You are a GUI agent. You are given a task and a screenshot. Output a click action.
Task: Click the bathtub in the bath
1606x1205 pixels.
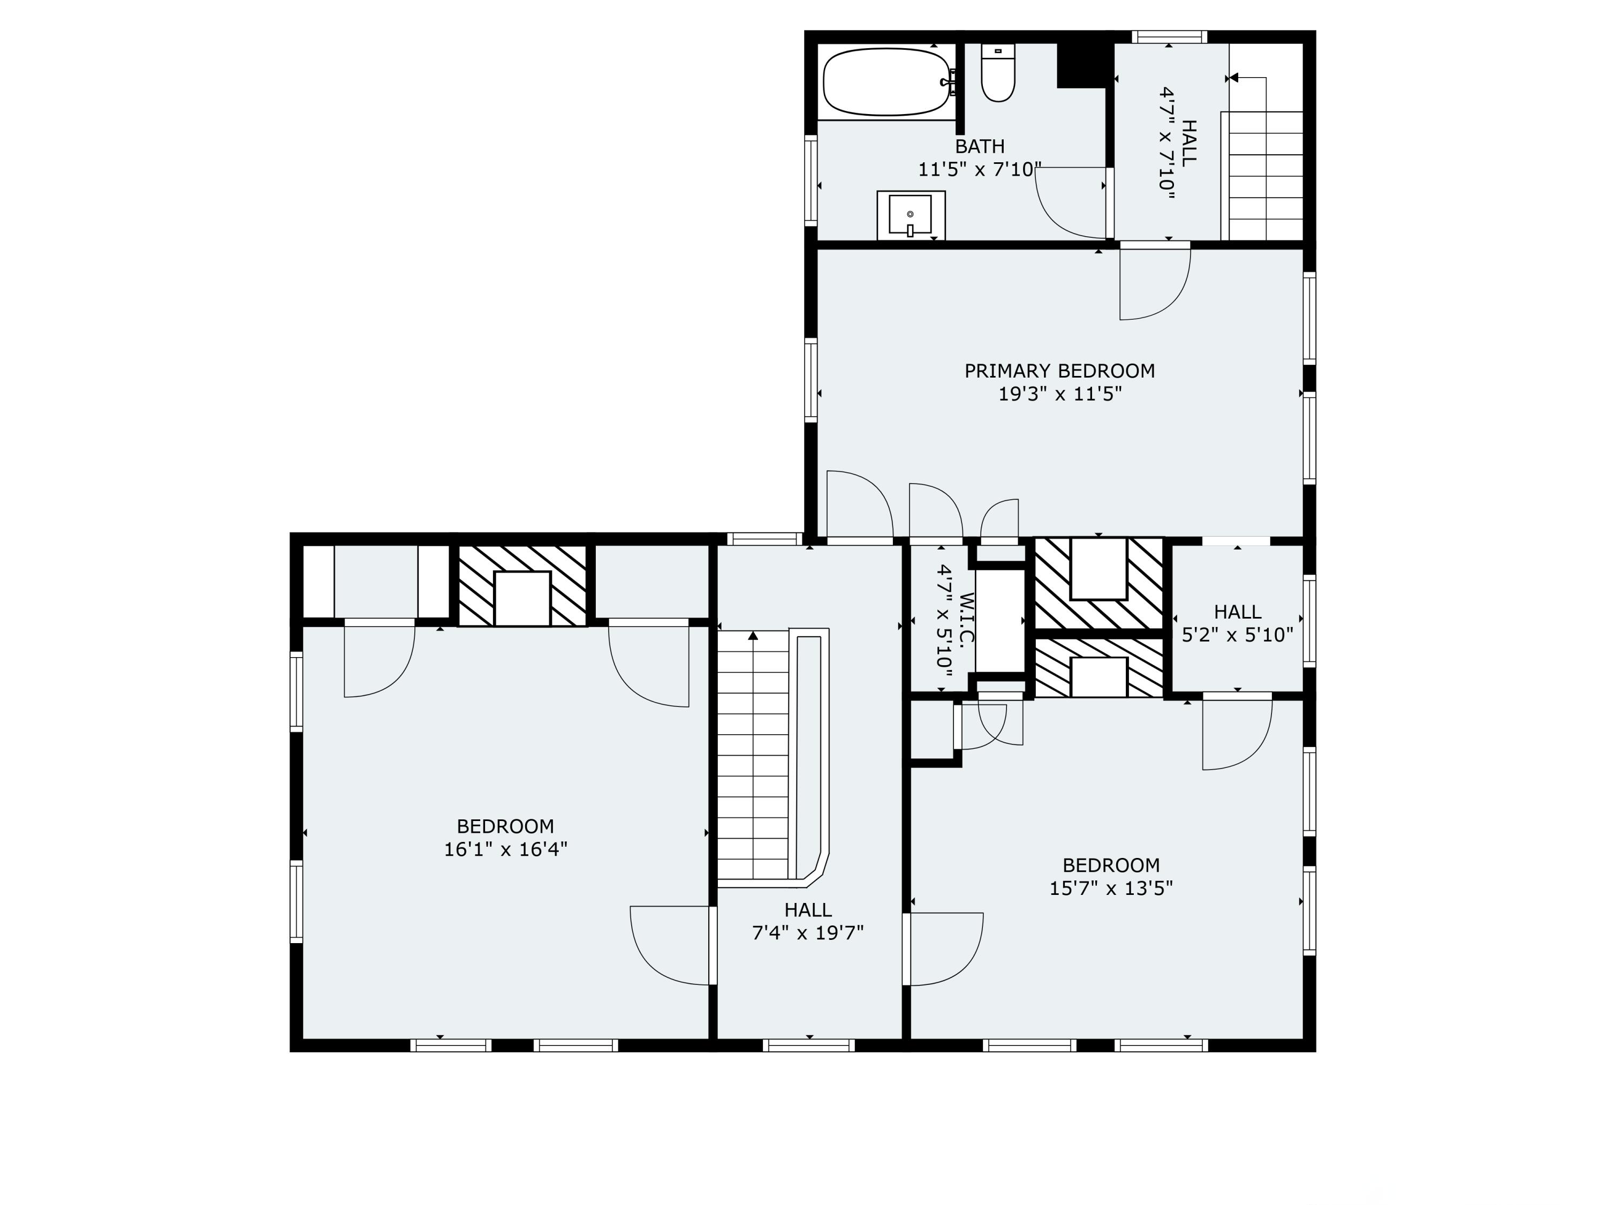point(886,82)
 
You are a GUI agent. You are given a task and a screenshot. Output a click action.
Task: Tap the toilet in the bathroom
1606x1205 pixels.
point(997,73)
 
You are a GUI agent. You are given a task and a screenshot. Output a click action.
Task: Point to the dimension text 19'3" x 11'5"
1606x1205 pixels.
point(1059,394)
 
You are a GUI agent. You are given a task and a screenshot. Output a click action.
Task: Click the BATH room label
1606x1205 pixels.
point(980,147)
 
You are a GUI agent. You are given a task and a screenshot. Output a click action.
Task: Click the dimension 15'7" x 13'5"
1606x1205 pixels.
point(1110,888)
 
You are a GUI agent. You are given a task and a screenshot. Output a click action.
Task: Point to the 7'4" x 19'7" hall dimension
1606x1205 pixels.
point(807,932)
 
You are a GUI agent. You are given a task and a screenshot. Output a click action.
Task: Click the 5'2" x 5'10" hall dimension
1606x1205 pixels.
point(1237,636)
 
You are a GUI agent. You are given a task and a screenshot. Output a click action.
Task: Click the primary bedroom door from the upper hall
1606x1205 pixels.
point(1154,283)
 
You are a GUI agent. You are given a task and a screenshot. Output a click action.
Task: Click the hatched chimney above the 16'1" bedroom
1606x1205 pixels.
point(522,585)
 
